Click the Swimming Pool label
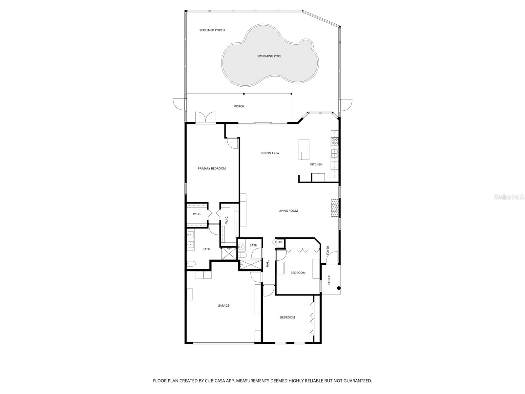pos(269,56)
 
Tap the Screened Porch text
pos(212,30)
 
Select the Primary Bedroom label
pos(212,168)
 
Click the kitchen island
pos(304,149)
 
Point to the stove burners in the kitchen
pos(335,141)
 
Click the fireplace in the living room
pos(334,208)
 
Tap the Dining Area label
pos(270,153)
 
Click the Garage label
pos(223,306)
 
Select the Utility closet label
pos(279,242)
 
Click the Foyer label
pos(327,250)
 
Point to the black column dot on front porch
pos(339,288)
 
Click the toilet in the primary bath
pos(191,263)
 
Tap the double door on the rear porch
pos(206,117)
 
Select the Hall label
pos(267,263)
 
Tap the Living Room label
pos(288,211)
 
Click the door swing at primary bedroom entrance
pos(232,143)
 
